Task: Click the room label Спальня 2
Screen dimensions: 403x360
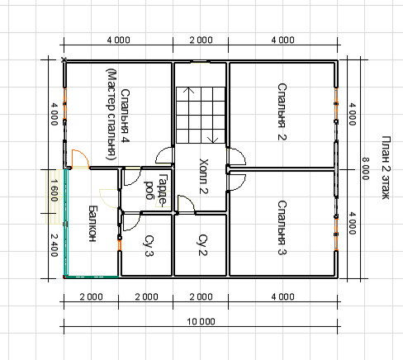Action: pyautogui.click(x=282, y=111)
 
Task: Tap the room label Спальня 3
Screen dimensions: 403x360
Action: pyautogui.click(x=282, y=228)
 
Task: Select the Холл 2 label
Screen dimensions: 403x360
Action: pyautogui.click(x=203, y=176)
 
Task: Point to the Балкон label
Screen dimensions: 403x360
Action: pyautogui.click(x=92, y=224)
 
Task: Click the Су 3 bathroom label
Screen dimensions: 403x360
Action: pyautogui.click(x=149, y=245)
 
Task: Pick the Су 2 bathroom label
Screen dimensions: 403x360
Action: pyautogui.click(x=203, y=245)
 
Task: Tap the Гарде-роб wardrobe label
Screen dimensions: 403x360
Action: pyautogui.click(x=156, y=191)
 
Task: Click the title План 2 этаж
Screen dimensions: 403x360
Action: pyautogui.click(x=386, y=168)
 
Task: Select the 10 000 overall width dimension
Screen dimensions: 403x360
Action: pyautogui.click(x=201, y=321)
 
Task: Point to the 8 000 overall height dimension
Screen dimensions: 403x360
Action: pyautogui.click(x=365, y=168)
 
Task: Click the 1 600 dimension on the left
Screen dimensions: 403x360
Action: pyautogui.click(x=55, y=190)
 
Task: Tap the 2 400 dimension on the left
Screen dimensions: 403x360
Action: pyautogui.click(x=55, y=245)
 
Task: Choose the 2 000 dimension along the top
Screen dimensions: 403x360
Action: pyautogui.click(x=201, y=40)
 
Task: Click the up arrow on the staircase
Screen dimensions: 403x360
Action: pyautogui.click(x=189, y=90)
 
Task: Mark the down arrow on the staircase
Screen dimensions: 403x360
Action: pyautogui.click(x=212, y=140)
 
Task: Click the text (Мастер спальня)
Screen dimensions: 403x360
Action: pyautogui.click(x=111, y=114)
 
